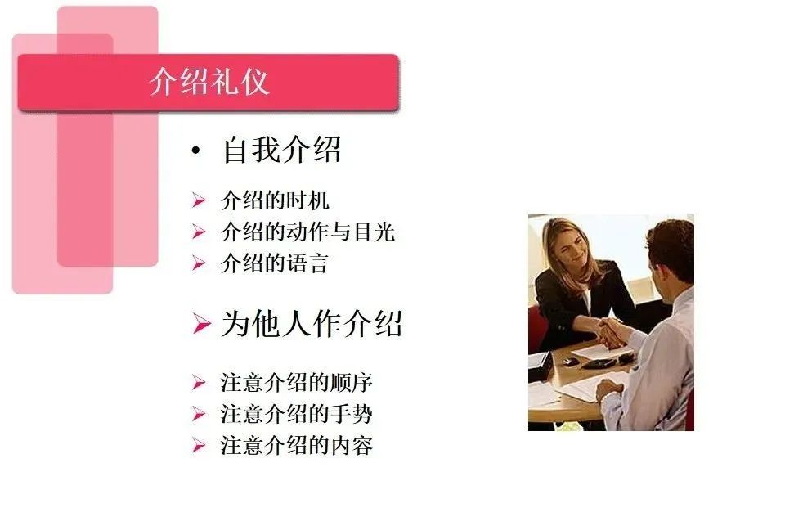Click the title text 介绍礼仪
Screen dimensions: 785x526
click(209, 81)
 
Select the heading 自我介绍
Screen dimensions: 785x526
click(282, 149)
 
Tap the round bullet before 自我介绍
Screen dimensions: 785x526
click(195, 151)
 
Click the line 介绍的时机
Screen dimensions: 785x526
click(275, 200)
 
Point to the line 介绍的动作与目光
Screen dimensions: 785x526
click(308, 232)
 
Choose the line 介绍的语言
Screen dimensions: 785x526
click(275, 263)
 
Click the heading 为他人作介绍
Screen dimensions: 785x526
click(312, 324)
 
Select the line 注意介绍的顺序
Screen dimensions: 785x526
click(297, 382)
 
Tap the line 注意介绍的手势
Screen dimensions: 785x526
click(297, 414)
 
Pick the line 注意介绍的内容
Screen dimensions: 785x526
click(297, 445)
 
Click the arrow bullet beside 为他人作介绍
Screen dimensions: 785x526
click(201, 323)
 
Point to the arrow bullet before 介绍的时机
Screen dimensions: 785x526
click(198, 200)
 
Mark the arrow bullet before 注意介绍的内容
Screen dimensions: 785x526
click(198, 445)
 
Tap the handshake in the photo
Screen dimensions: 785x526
click(612, 331)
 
